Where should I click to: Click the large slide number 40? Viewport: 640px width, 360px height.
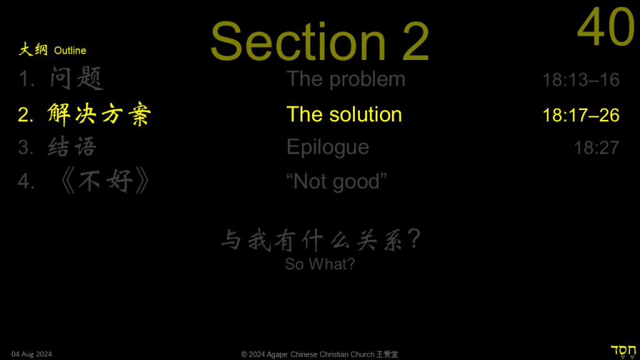tap(606, 27)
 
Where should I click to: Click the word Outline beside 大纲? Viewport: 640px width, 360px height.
tap(70, 51)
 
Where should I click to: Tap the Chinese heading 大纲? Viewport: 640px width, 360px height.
tap(34, 50)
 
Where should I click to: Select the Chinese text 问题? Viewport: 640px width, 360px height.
tap(76, 78)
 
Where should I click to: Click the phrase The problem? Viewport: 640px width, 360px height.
tap(346, 79)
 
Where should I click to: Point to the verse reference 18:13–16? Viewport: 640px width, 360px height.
tap(581, 80)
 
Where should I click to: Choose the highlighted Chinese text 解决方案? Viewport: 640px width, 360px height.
tap(99, 114)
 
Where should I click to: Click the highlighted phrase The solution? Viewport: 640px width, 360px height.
tap(344, 114)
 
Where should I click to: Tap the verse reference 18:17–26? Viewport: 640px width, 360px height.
tap(581, 115)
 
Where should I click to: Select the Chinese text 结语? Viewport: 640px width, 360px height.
tap(72, 147)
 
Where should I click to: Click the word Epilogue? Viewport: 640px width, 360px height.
tap(327, 147)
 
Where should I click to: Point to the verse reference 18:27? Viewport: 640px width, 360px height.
tap(596, 147)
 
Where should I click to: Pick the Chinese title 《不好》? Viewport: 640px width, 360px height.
tap(105, 181)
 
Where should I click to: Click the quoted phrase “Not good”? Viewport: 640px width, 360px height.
tap(336, 182)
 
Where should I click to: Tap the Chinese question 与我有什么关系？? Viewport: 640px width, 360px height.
tap(321, 239)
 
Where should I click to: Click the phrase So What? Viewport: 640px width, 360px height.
tap(320, 264)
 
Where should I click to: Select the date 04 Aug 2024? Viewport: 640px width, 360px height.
tap(32, 354)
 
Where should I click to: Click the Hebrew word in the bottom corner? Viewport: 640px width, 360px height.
tap(623, 351)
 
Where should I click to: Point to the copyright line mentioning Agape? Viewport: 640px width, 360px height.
tap(319, 354)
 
